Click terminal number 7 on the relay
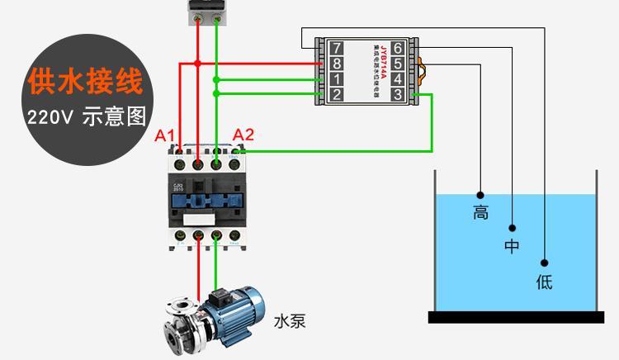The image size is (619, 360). pyautogui.click(x=336, y=48)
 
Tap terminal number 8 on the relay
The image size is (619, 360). pyautogui.click(x=336, y=64)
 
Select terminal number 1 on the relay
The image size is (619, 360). pyautogui.click(x=336, y=79)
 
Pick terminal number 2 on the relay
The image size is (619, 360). pyautogui.click(x=336, y=95)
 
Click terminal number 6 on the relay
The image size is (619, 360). pyautogui.click(x=397, y=48)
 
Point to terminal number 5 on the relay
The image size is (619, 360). pyautogui.click(x=397, y=64)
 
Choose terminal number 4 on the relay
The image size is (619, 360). pyautogui.click(x=397, y=79)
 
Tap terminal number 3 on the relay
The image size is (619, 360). pyautogui.click(x=397, y=95)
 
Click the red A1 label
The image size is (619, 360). pyautogui.click(x=165, y=135)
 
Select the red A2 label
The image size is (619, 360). pyautogui.click(x=243, y=135)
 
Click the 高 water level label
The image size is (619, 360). pyautogui.click(x=480, y=212)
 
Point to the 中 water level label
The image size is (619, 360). pyautogui.click(x=513, y=246)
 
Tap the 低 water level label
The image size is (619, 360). pyautogui.click(x=544, y=282)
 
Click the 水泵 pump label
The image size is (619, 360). pyautogui.click(x=290, y=321)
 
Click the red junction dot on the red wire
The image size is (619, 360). pyautogui.click(x=197, y=64)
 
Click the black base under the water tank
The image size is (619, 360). pyautogui.click(x=516, y=317)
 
